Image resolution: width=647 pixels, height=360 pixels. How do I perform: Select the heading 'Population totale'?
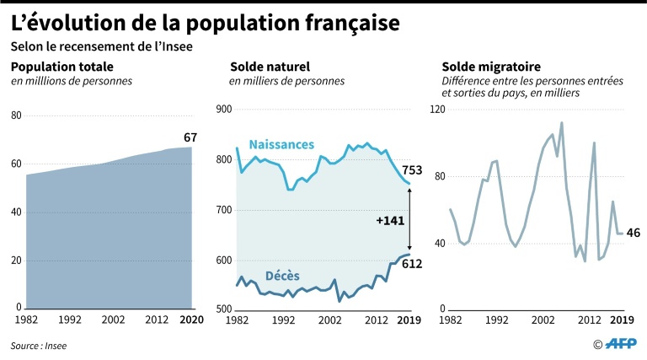click(x=61, y=67)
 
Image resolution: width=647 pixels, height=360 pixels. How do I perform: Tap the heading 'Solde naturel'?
click(x=270, y=67)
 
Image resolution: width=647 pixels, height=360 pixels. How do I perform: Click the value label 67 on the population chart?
click(x=191, y=137)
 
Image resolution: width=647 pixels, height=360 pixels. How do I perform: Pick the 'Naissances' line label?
click(x=281, y=145)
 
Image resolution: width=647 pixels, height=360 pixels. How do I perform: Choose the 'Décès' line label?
click(x=283, y=276)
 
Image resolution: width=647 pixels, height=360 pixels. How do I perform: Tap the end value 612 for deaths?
click(x=411, y=264)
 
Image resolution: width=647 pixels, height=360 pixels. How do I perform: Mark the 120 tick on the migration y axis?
click(x=438, y=110)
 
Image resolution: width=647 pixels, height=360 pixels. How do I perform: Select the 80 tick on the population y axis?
click(x=17, y=116)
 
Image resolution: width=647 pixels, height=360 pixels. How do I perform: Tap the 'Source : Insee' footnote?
click(x=39, y=346)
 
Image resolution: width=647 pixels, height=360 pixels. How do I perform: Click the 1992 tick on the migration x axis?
click(x=496, y=320)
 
